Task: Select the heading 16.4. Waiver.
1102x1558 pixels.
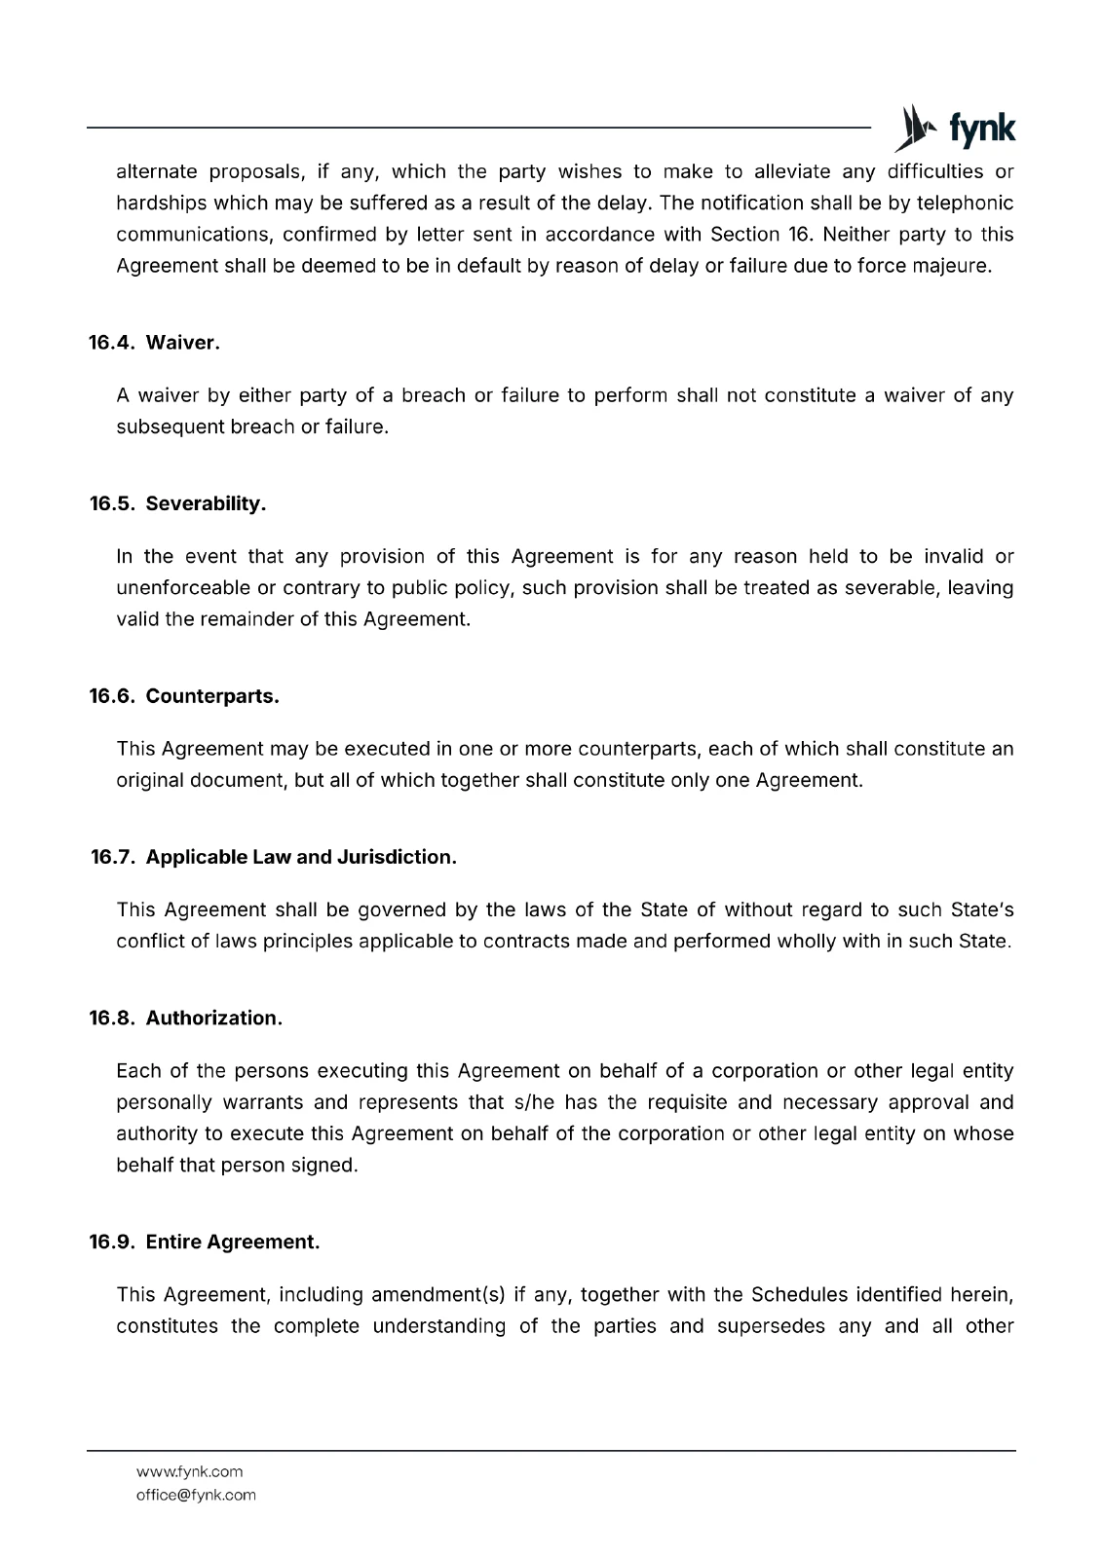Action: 155,343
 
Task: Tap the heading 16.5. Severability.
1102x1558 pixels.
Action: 177,503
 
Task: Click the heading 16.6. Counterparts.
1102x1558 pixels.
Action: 184,696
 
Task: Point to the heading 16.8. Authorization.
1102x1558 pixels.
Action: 186,1018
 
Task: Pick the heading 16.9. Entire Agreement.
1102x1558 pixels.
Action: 205,1242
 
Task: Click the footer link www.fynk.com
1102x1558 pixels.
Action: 189,1471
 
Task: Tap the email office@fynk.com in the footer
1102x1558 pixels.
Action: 196,1495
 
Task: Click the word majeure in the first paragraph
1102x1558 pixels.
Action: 952,266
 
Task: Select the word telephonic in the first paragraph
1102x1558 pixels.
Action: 965,204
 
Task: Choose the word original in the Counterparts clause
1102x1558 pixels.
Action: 145,780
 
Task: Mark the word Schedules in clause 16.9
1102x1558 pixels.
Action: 799,1295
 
